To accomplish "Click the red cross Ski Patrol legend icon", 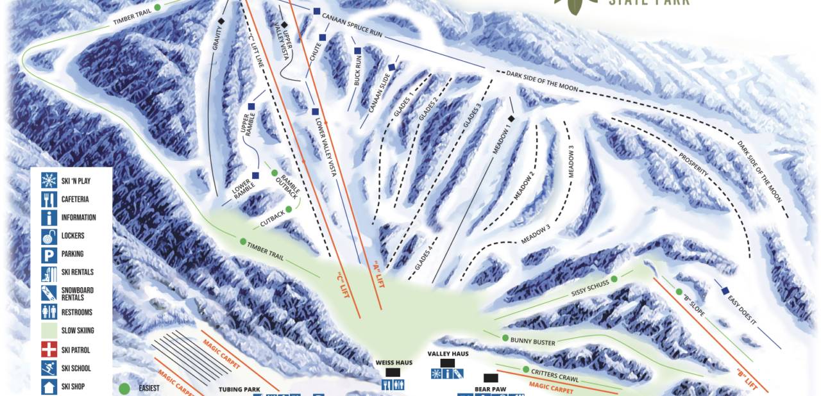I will point(49,350).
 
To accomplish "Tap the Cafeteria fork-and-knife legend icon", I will point(49,199).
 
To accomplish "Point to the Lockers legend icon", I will point(49,236).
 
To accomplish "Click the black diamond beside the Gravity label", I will point(221,22).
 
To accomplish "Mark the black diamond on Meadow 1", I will point(511,119).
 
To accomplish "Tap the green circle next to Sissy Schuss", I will point(614,279).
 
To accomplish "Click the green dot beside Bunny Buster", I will point(505,338).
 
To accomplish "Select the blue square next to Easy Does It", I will point(725,290).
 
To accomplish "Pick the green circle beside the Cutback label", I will point(289,209).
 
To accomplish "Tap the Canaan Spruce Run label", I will point(352,24).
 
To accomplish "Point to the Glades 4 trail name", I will point(424,255).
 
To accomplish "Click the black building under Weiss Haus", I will point(393,372).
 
